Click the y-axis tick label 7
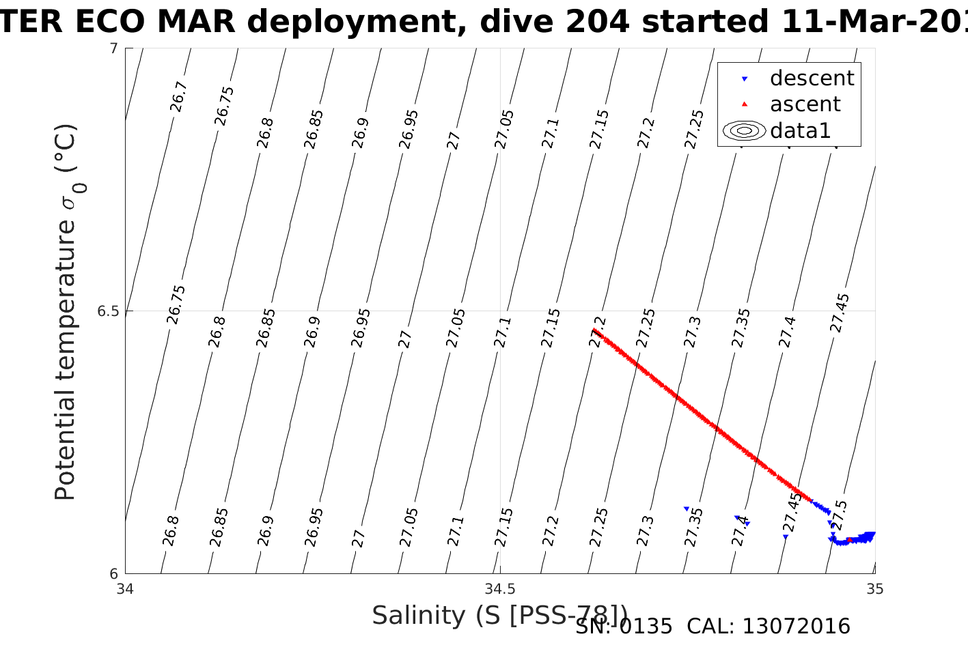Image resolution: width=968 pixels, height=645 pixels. click(x=113, y=48)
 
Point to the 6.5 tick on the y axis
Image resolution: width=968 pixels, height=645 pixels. click(x=107, y=311)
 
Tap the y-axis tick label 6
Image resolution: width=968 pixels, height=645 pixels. click(x=113, y=574)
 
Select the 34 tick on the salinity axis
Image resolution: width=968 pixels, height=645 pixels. click(x=125, y=588)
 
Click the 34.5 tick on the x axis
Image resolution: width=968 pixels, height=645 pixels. click(x=500, y=588)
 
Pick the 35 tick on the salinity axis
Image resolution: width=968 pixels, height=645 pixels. click(x=874, y=588)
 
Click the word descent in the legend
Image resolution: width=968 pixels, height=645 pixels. click(x=812, y=78)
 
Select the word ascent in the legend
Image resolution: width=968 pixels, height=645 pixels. click(x=805, y=104)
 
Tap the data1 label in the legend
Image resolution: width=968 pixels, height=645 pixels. click(x=800, y=130)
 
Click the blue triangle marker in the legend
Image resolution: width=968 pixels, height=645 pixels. click(x=745, y=79)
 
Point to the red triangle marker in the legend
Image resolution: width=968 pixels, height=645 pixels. click(x=745, y=104)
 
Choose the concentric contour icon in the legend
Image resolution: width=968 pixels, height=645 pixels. click(x=745, y=130)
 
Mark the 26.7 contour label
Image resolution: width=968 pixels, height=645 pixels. click(x=178, y=96)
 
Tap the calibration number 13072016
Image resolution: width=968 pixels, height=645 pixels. click(x=796, y=627)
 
